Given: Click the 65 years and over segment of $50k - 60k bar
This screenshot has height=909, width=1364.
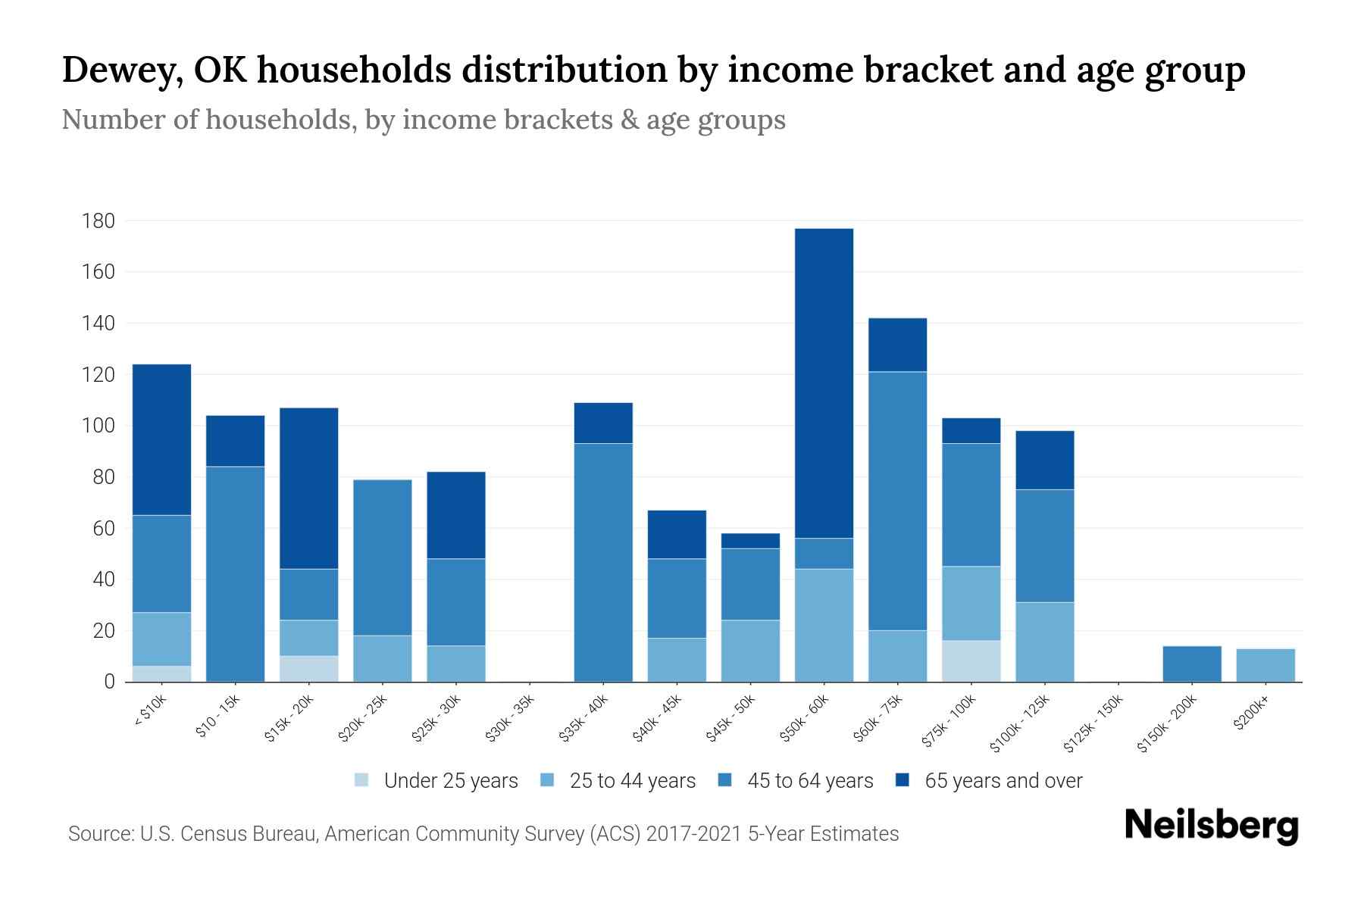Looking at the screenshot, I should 824,383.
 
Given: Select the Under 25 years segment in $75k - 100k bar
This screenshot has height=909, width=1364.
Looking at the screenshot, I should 971,661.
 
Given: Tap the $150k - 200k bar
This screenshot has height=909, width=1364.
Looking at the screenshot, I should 1191,664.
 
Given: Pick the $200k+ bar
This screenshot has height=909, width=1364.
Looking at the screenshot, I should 1265,665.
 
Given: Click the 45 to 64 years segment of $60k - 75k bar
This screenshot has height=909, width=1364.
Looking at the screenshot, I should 897,500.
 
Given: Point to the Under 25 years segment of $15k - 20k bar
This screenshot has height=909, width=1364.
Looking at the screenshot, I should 308,669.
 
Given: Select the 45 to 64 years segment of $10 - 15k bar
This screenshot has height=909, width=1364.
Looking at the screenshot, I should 235,573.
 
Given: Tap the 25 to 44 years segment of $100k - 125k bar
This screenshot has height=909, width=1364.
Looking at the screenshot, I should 1044,642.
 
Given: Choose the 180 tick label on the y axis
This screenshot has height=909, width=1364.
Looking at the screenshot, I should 98,221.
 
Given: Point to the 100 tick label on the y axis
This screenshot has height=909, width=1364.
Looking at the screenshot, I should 98,426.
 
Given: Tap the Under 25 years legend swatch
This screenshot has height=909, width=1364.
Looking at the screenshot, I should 362,779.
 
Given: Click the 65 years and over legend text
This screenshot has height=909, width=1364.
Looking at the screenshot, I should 1003,781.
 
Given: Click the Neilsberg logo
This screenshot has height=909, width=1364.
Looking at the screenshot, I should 1211,826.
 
